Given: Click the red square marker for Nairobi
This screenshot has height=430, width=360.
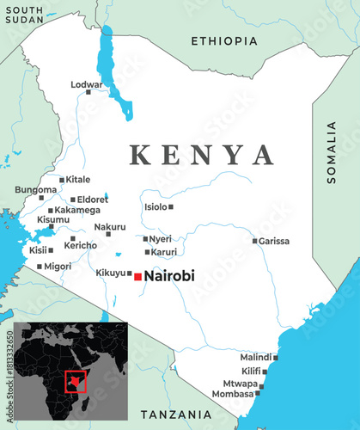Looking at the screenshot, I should (x=137, y=276).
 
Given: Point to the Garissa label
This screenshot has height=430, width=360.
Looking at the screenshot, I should (x=274, y=241).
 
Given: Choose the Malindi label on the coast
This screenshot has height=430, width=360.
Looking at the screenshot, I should (x=255, y=357).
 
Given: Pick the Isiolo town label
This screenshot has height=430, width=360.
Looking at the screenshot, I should (x=156, y=206).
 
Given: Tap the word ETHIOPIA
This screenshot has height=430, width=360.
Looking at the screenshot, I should (x=223, y=40).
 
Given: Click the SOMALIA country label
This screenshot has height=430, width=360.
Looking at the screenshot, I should (x=332, y=152).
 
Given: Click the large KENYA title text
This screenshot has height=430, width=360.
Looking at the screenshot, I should (x=202, y=155).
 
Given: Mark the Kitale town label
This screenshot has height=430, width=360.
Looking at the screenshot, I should (x=78, y=179).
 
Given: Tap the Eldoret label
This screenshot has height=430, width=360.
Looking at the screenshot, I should (x=94, y=199).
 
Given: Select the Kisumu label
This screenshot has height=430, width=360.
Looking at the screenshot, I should (x=53, y=219).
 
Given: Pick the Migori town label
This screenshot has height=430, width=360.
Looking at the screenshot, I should (x=58, y=267).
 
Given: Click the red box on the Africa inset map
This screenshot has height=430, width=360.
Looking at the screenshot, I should (x=76, y=378).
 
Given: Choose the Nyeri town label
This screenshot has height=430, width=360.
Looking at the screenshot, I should (x=161, y=238).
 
